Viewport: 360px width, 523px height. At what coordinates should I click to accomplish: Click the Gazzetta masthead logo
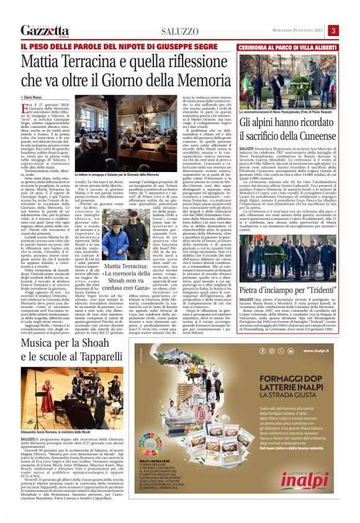[44, 30]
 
